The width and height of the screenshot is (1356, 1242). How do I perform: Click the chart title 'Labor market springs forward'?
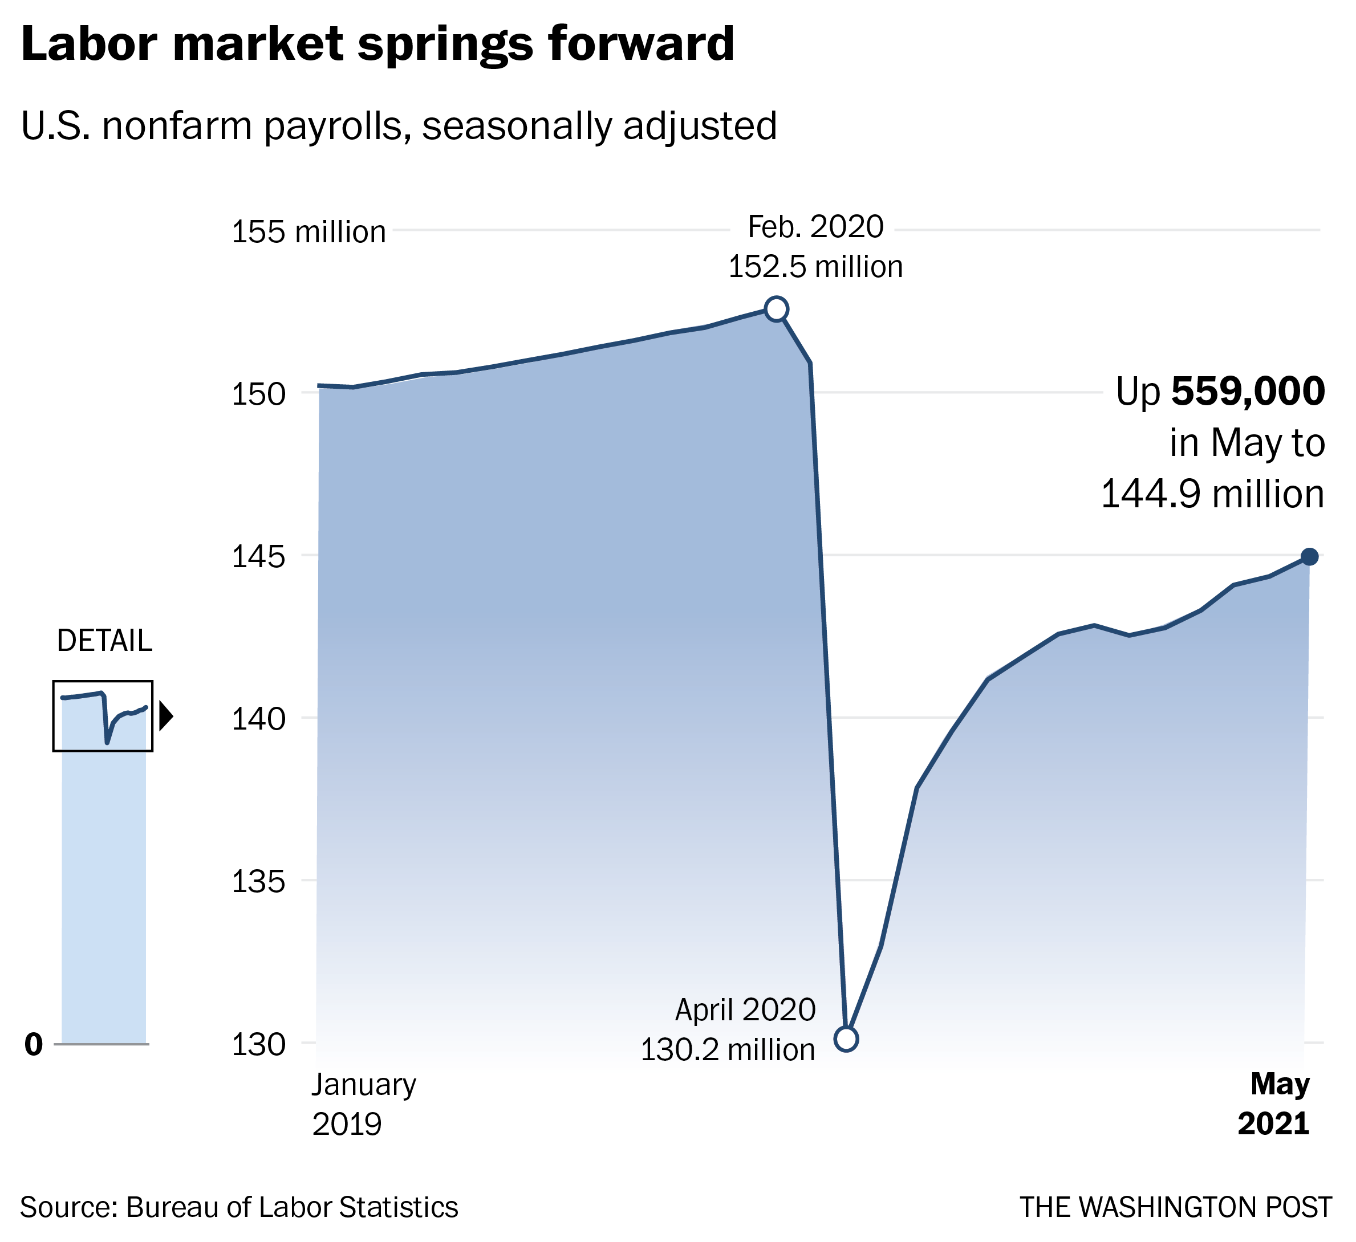(377, 44)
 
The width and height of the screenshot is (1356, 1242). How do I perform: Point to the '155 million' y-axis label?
(308, 232)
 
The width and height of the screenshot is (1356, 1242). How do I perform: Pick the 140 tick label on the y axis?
(250, 719)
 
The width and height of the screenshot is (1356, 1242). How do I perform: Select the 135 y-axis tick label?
(250, 882)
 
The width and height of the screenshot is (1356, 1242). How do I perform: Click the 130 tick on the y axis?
(250, 1045)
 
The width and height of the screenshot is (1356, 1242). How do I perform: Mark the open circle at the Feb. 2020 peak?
(776, 309)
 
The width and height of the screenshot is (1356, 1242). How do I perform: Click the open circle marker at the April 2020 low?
(846, 1039)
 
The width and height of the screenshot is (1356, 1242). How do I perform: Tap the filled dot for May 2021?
(1309, 557)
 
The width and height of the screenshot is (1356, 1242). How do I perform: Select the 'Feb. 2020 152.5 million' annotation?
(815, 247)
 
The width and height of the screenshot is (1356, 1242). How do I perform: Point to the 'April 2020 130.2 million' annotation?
(728, 1029)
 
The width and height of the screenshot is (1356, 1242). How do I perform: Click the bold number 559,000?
(1248, 392)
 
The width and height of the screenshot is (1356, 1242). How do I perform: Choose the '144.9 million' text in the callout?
(1212, 494)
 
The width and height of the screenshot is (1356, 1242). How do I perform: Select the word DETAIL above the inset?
(104, 641)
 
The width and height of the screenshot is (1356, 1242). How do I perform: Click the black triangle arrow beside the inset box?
(165, 717)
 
